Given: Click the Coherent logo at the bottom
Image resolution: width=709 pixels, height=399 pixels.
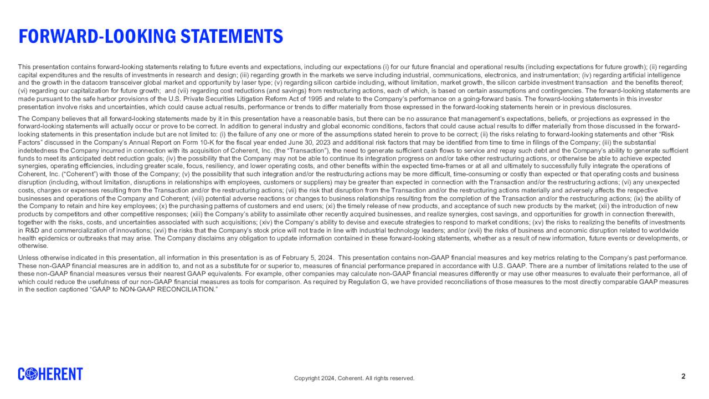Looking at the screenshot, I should [x=50, y=374].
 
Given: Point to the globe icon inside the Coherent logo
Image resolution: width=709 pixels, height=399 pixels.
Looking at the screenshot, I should [x=31, y=375].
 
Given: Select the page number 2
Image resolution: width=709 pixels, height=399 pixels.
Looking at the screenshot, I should [x=683, y=377].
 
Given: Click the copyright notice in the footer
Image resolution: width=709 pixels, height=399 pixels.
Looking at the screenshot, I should [x=354, y=378].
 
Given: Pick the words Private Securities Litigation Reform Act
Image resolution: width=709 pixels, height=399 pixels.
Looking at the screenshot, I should [x=201, y=99].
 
